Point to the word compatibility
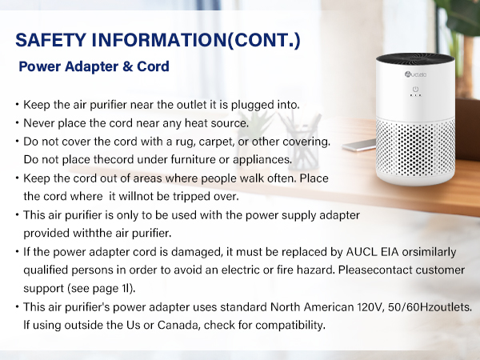(x=285, y=326)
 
